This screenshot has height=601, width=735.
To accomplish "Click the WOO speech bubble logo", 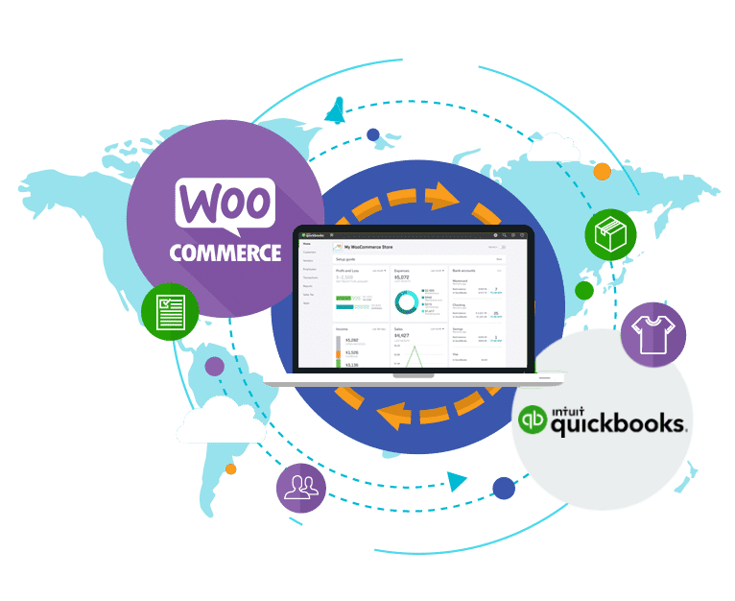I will (x=225, y=207).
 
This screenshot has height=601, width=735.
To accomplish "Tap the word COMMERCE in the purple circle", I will (x=225, y=252).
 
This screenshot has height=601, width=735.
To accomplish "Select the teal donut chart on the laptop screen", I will (x=407, y=301).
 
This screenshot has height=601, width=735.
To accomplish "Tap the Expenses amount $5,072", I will (x=402, y=278).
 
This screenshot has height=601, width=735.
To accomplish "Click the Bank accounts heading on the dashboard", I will (x=464, y=272).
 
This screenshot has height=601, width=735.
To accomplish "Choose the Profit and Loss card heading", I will (x=346, y=272).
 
